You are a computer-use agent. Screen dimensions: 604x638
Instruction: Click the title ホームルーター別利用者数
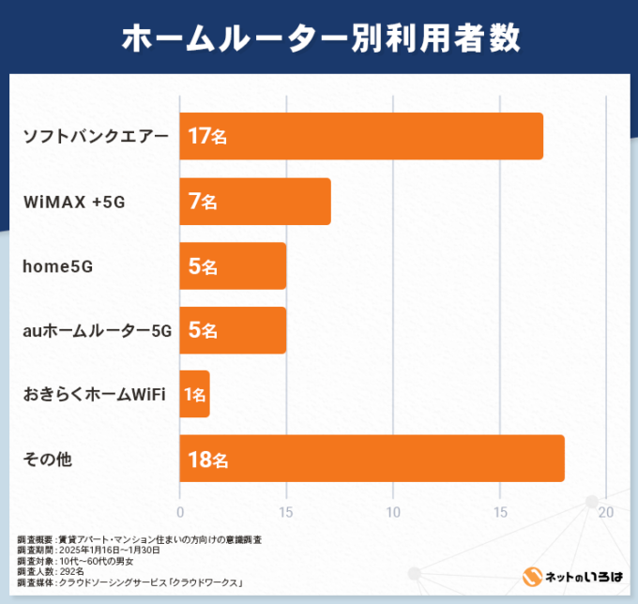pyautogui.click(x=319, y=38)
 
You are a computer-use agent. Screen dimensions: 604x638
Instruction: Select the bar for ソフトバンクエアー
pyautogui.click(x=361, y=136)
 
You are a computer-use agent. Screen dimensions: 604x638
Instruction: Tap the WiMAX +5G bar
pyautogui.click(x=255, y=201)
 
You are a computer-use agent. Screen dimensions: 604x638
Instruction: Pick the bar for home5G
pyautogui.click(x=233, y=265)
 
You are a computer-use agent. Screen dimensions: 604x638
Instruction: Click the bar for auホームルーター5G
pyautogui.click(x=233, y=330)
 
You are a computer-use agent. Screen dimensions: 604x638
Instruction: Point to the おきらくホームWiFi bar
pyautogui.click(x=195, y=395)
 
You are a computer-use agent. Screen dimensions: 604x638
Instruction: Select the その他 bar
pyautogui.click(x=372, y=460)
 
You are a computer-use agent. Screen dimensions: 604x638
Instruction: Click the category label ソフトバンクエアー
pyautogui.click(x=96, y=136)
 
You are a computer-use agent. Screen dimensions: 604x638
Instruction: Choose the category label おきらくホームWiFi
pyautogui.click(x=94, y=395)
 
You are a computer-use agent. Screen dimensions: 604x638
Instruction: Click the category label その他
pyautogui.click(x=48, y=460)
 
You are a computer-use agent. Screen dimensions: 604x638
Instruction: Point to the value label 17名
pyautogui.click(x=206, y=136)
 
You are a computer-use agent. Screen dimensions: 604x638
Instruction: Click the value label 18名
pyautogui.click(x=206, y=460)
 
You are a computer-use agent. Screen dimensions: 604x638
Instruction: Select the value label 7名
pyautogui.click(x=202, y=201)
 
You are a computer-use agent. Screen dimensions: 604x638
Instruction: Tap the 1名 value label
pyautogui.click(x=195, y=395)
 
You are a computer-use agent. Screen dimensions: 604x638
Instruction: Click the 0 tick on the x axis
pyautogui.click(x=180, y=512)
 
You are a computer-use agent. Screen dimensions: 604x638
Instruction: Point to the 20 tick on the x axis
pyautogui.click(x=606, y=512)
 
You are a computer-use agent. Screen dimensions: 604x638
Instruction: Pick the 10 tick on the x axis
pyautogui.click(x=393, y=512)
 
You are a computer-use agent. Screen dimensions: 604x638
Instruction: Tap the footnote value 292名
pyautogui.click(x=71, y=571)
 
